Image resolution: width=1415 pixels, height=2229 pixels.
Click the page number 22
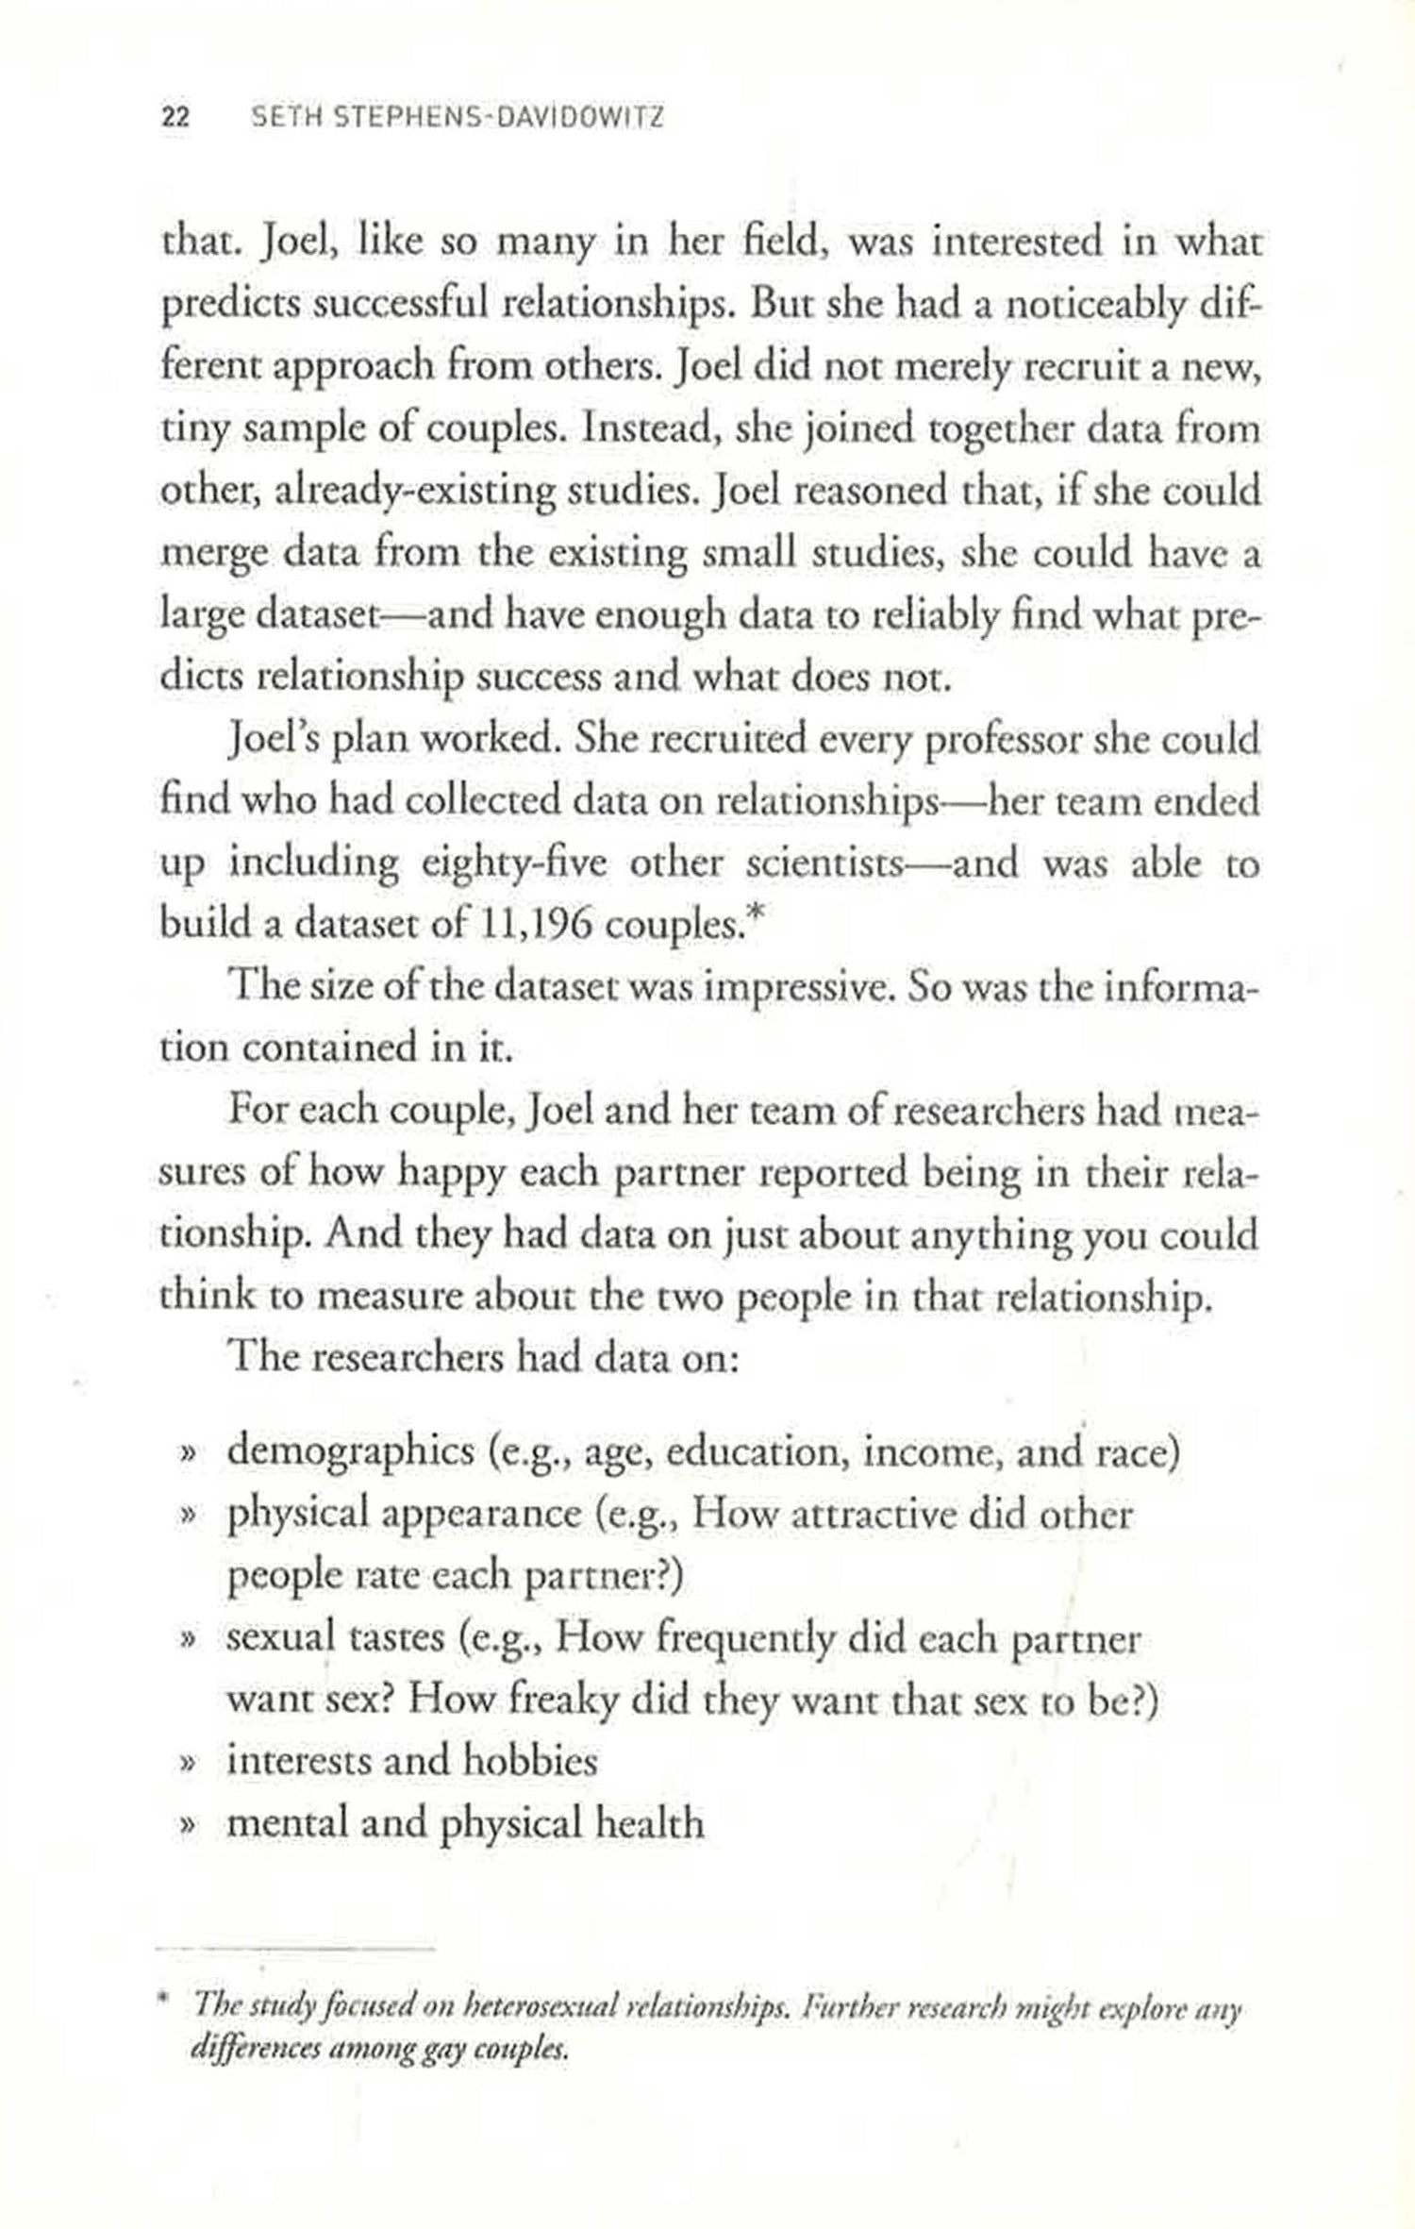point(176,118)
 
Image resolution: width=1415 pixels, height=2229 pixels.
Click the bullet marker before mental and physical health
point(187,1824)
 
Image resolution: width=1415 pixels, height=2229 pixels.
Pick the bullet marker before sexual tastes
point(187,1640)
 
